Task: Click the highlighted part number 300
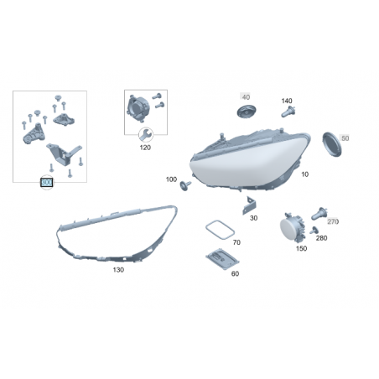tap(47, 183)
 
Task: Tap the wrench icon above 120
tap(146, 134)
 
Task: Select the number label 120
tap(145, 148)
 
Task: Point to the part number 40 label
tap(246, 97)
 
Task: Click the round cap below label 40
tap(247, 112)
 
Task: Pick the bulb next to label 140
tap(288, 112)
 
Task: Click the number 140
tap(287, 101)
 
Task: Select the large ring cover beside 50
tap(332, 144)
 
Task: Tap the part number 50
tap(345, 138)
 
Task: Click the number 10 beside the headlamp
tap(304, 174)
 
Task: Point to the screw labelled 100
tap(185, 185)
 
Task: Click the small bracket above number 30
tap(249, 205)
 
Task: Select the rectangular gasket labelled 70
tap(220, 230)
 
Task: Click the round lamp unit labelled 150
tap(293, 229)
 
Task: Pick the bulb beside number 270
tap(319, 214)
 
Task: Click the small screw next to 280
tap(314, 231)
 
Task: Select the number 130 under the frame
tap(118, 270)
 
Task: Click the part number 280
tap(321, 238)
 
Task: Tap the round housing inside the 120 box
tap(138, 108)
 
